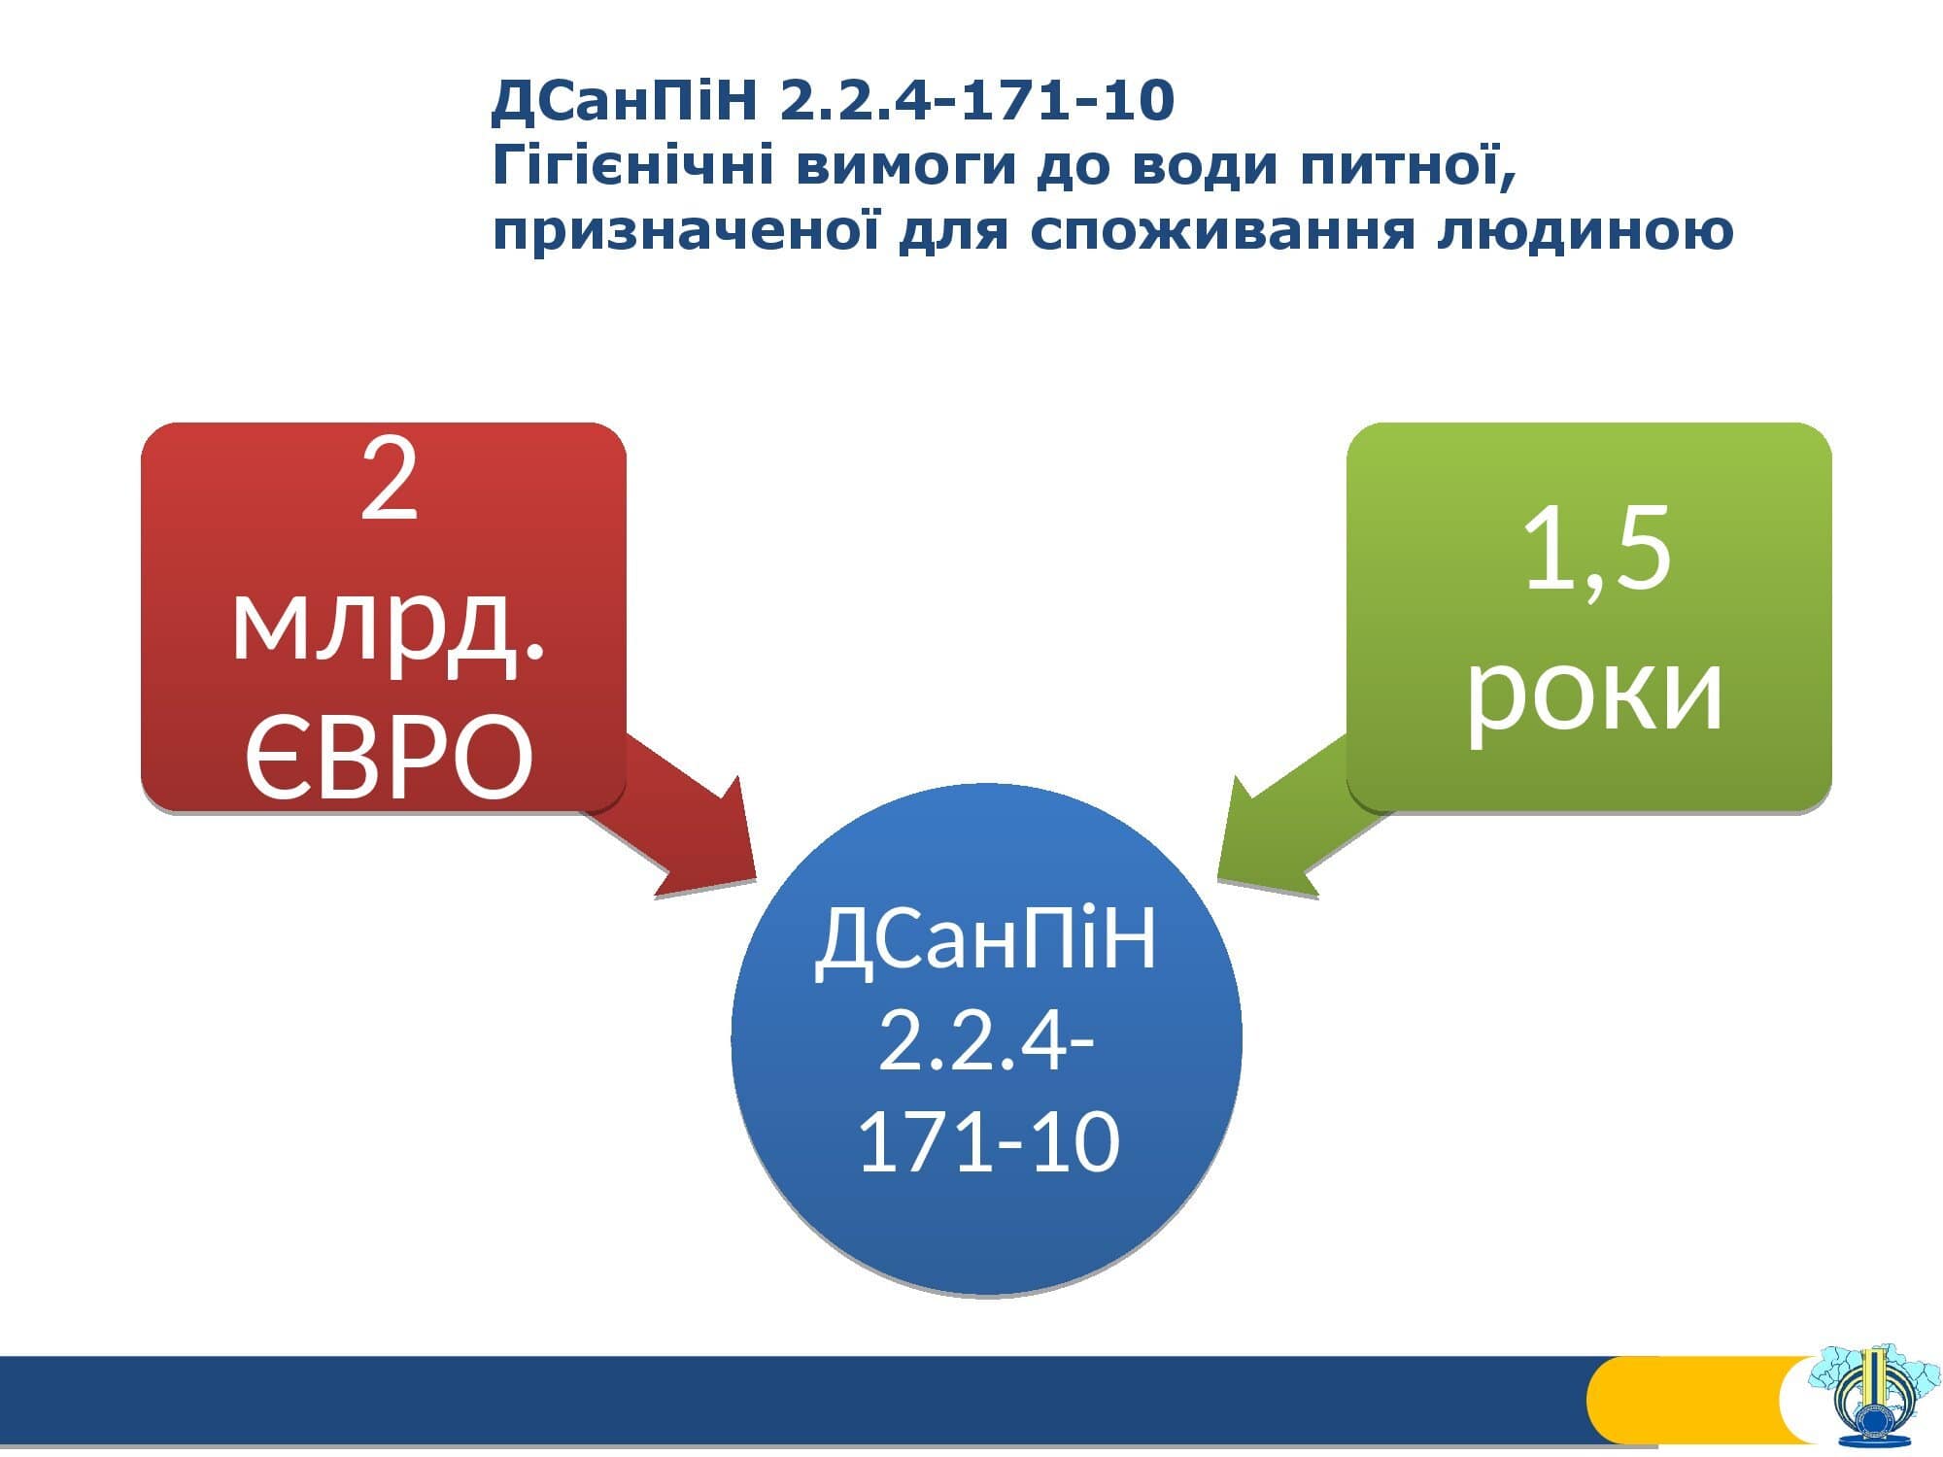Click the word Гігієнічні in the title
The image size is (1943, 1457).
632,166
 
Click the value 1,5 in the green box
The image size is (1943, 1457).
1597,550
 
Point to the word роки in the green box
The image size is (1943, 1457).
1593,692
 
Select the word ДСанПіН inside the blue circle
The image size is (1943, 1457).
986,939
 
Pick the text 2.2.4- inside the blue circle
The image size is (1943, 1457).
986,1039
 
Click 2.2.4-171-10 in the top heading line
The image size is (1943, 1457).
976,100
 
